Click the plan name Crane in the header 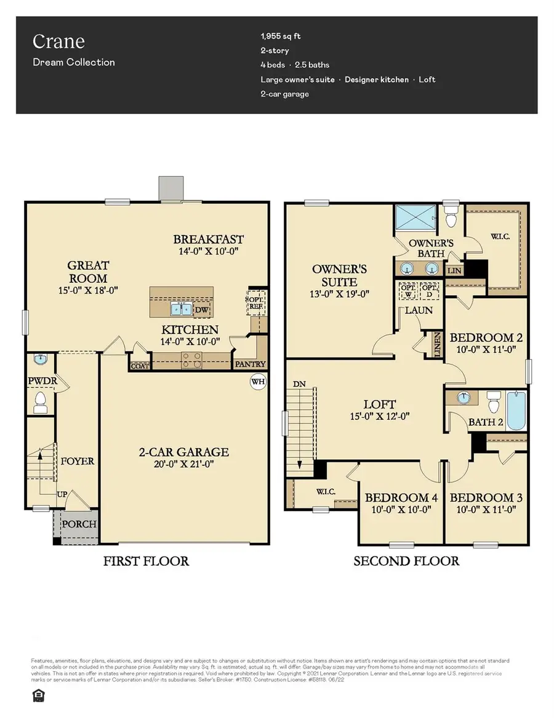[x=59, y=42]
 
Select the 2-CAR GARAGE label [x=183, y=452]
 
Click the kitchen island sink [x=180, y=309]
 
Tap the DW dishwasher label [x=202, y=310]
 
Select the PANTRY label [x=251, y=364]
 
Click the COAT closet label [x=140, y=365]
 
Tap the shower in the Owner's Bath [x=415, y=217]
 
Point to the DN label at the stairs [x=300, y=383]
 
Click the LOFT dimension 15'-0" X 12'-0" [x=380, y=416]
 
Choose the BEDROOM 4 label [x=396, y=497]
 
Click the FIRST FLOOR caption [x=146, y=561]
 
